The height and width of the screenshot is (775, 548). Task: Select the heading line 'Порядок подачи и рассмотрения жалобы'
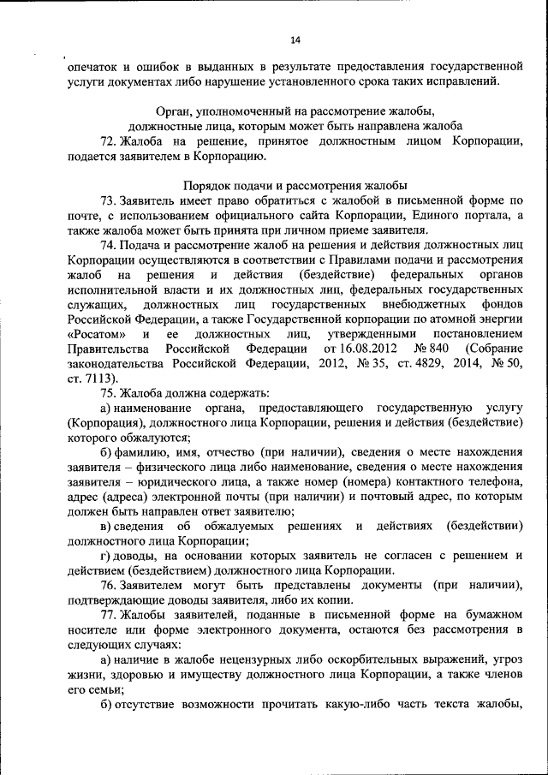(x=295, y=185)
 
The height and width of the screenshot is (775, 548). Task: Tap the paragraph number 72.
(x=109, y=140)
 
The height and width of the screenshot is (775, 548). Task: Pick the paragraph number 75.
(x=109, y=393)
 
